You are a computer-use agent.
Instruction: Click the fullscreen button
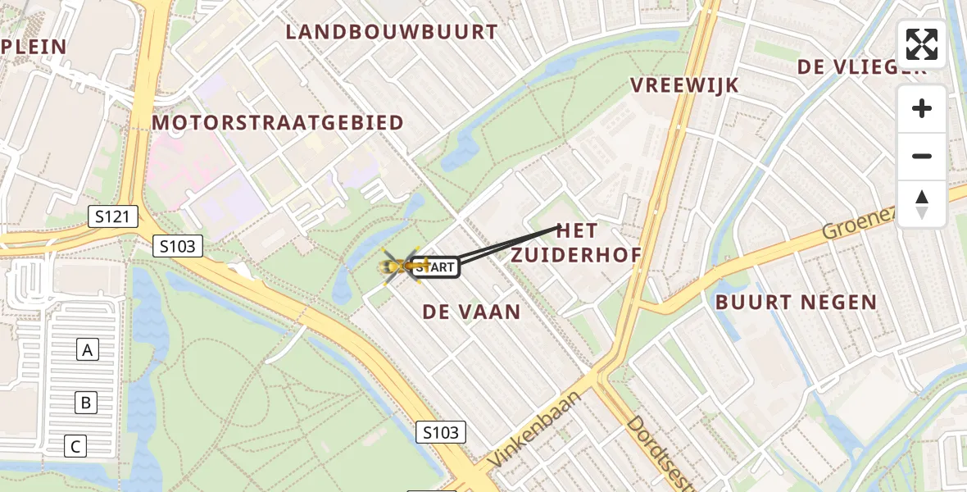pyautogui.click(x=922, y=44)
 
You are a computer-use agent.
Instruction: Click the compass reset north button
pyautogui.click(x=922, y=204)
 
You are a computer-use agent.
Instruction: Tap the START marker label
pyautogui.click(x=434, y=267)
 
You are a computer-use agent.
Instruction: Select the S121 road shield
pyautogui.click(x=113, y=217)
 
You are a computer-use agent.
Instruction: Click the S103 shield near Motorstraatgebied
pyautogui.click(x=178, y=246)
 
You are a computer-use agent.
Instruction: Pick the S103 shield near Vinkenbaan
pyautogui.click(x=441, y=432)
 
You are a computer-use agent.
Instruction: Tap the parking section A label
pyautogui.click(x=87, y=350)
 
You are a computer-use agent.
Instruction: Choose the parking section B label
pyautogui.click(x=84, y=403)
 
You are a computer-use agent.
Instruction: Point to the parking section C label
pyautogui.click(x=75, y=447)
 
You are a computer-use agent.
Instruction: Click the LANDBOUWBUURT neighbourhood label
pyautogui.click(x=392, y=32)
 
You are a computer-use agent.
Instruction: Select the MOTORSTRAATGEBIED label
pyautogui.click(x=278, y=123)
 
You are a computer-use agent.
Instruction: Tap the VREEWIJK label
pyautogui.click(x=685, y=85)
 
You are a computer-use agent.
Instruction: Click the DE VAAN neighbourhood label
pyautogui.click(x=472, y=312)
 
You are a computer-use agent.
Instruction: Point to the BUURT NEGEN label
pyautogui.click(x=796, y=303)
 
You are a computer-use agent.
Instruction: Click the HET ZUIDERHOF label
pyautogui.click(x=576, y=243)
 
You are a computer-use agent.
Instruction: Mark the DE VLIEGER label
pyautogui.click(x=860, y=67)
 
